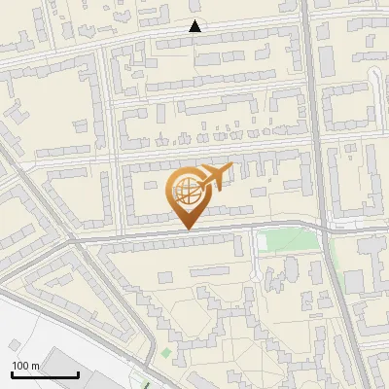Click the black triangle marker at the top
point(195,26)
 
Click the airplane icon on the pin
point(216,178)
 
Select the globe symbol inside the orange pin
point(185,190)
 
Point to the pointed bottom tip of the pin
point(187,228)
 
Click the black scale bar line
point(45,373)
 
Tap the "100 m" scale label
point(26,365)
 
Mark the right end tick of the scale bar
point(78,371)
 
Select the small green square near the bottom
point(165,352)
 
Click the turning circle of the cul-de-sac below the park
point(254,274)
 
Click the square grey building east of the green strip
point(354,282)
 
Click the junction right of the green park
point(327,227)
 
